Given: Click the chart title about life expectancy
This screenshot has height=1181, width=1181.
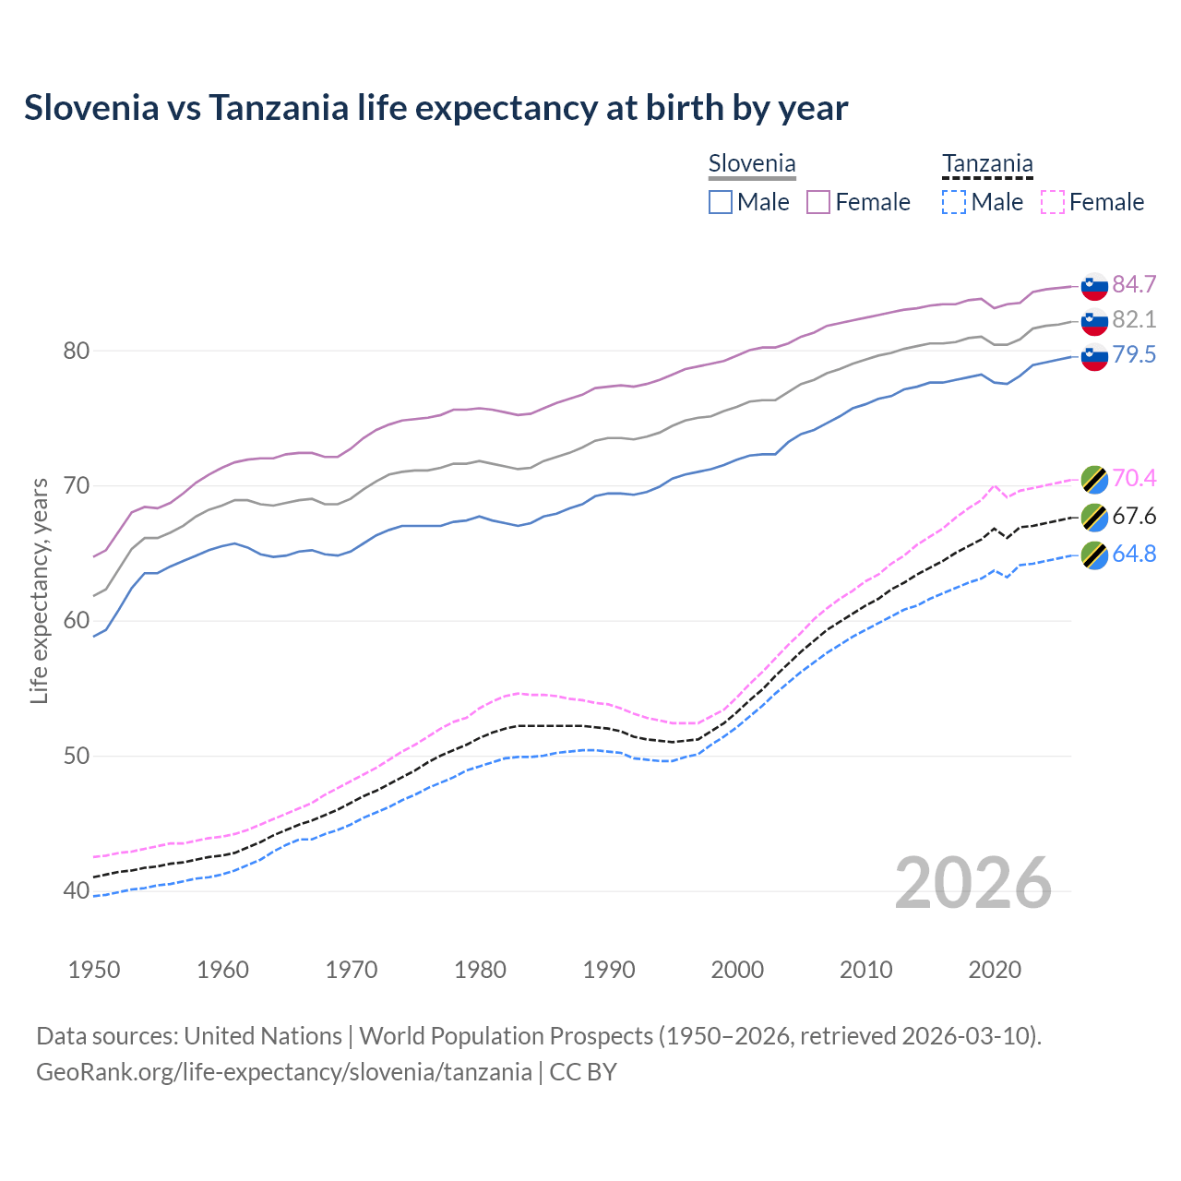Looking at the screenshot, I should [x=435, y=108].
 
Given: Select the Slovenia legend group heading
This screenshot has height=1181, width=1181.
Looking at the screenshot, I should [x=752, y=164].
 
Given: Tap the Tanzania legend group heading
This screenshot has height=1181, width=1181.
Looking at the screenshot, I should [x=987, y=164].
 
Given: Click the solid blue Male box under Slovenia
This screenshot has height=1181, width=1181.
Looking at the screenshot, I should [x=721, y=202].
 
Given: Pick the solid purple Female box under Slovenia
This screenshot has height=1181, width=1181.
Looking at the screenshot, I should [x=818, y=202].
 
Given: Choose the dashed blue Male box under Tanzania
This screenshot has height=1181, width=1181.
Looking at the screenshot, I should [x=954, y=202].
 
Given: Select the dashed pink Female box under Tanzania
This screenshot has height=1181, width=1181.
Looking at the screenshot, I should [x=1053, y=202].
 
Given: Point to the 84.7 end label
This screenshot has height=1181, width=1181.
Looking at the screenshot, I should [x=1134, y=284].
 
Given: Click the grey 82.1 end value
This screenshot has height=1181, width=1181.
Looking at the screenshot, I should [x=1134, y=319].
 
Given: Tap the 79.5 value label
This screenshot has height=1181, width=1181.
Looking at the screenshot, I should [x=1134, y=354].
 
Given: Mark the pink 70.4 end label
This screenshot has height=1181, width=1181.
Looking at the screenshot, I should [x=1134, y=478].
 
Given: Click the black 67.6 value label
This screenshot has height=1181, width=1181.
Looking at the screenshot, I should [x=1134, y=516].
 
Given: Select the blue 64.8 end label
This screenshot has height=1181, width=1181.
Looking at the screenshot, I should [x=1134, y=554].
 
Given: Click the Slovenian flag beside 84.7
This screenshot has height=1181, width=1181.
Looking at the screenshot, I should [x=1094, y=286].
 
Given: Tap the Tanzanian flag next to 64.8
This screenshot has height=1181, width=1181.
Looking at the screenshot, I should [x=1094, y=555].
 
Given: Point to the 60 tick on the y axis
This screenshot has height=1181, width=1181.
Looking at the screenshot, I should [x=77, y=621].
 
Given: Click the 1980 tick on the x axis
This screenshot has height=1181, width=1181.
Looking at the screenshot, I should [x=480, y=970].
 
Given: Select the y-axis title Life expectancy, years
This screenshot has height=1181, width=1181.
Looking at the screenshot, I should [x=40, y=590].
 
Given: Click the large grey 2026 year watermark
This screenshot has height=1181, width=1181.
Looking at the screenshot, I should [x=972, y=883].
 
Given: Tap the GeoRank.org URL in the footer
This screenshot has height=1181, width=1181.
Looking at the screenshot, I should [x=283, y=1072].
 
